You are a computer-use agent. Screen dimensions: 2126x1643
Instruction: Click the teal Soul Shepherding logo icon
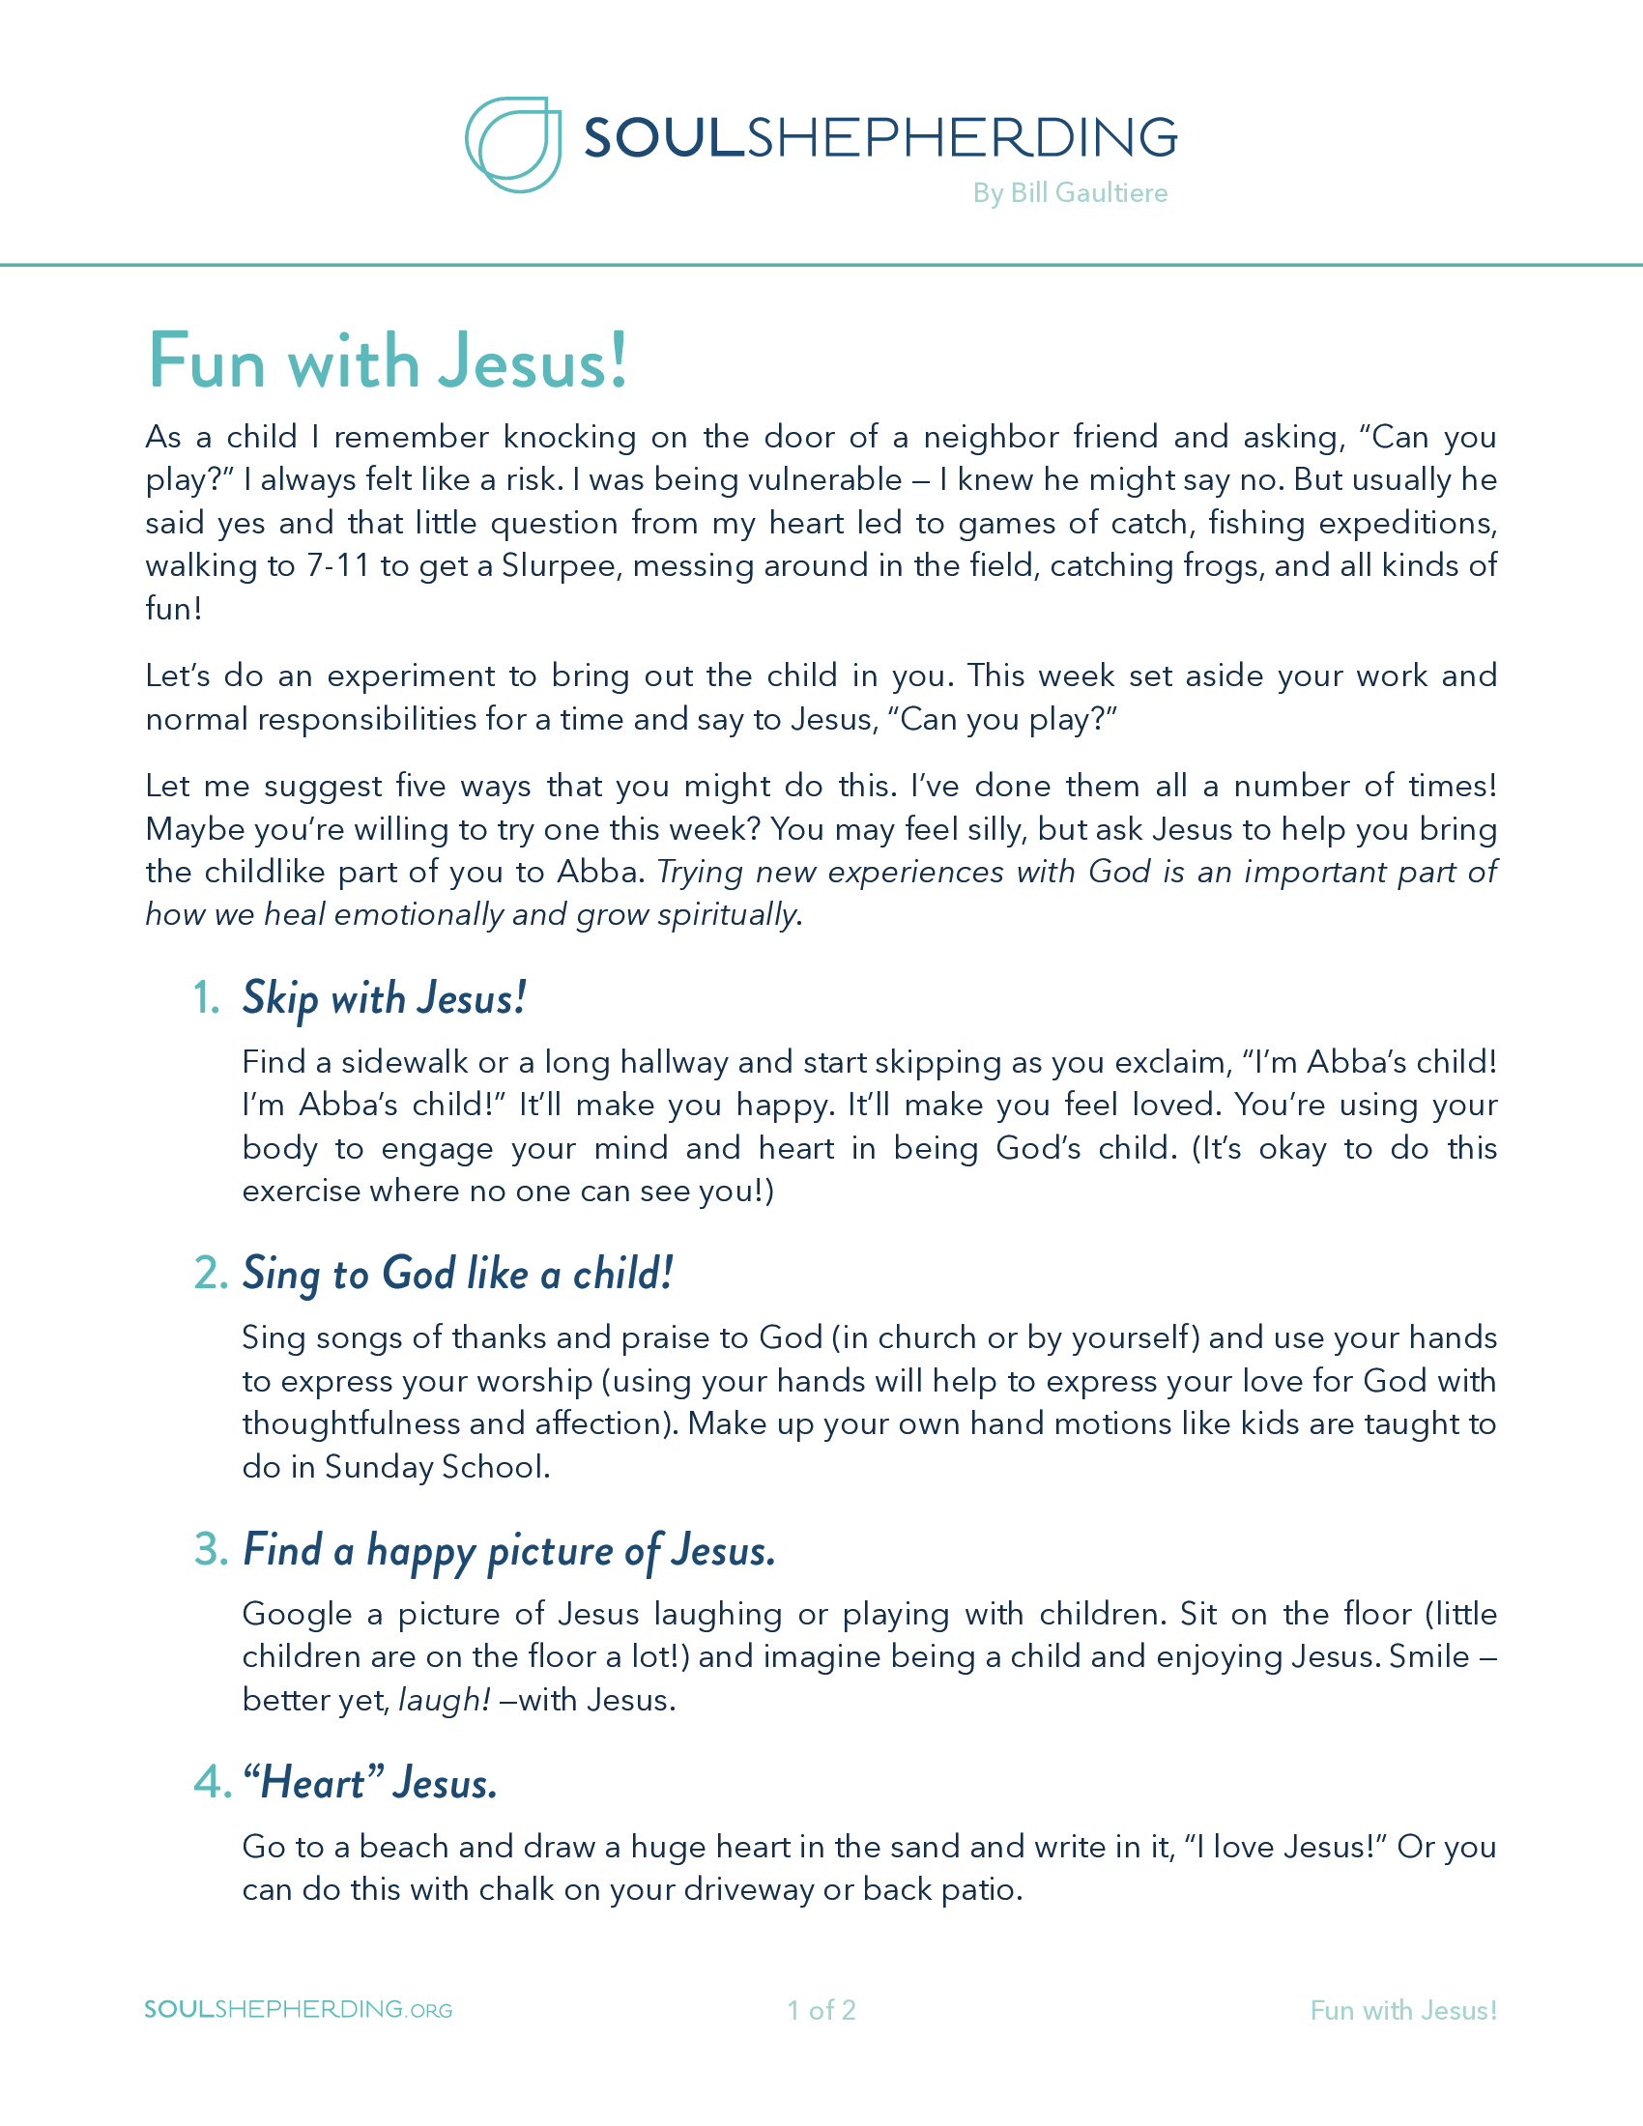click(x=513, y=144)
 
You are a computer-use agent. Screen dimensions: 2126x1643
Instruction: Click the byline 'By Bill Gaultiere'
click(x=1070, y=192)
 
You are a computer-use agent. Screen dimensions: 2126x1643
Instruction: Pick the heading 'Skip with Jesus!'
click(x=385, y=998)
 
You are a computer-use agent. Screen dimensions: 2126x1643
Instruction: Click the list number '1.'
click(x=207, y=998)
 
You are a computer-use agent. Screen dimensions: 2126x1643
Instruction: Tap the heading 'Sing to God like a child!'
click(x=457, y=1274)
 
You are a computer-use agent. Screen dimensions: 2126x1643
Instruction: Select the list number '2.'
click(x=211, y=1274)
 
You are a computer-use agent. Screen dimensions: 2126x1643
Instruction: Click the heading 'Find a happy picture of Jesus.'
click(x=509, y=1550)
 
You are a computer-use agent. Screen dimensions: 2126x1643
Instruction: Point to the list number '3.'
click(x=211, y=1550)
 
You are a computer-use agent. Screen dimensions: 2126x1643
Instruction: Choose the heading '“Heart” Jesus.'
click(x=370, y=1782)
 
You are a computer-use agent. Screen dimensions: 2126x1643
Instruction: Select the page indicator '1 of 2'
click(x=821, y=2010)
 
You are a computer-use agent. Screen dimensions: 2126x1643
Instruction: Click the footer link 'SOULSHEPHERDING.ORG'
click(x=299, y=2010)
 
